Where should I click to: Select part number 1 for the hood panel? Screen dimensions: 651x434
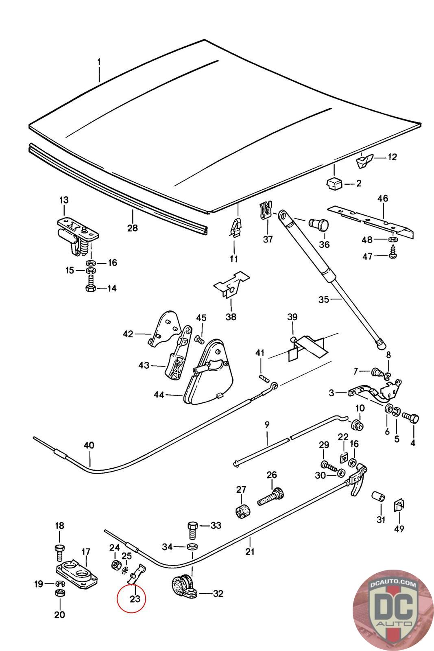coord(98,62)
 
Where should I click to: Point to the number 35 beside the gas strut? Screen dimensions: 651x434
coord(323,299)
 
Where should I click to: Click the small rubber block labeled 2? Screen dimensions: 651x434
coord(334,183)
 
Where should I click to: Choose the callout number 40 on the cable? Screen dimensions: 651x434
coord(89,445)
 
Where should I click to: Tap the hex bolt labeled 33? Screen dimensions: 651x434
coord(192,529)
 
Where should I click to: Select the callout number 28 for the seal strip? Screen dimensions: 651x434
coord(133,227)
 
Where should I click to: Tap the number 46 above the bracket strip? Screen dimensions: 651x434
coord(383,199)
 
